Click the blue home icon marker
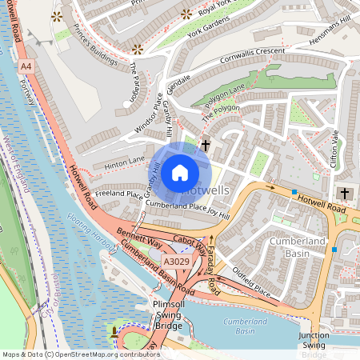(180, 172)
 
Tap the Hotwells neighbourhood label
(206, 191)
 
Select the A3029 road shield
(176, 262)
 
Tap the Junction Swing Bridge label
(314, 344)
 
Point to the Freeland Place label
(118, 194)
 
